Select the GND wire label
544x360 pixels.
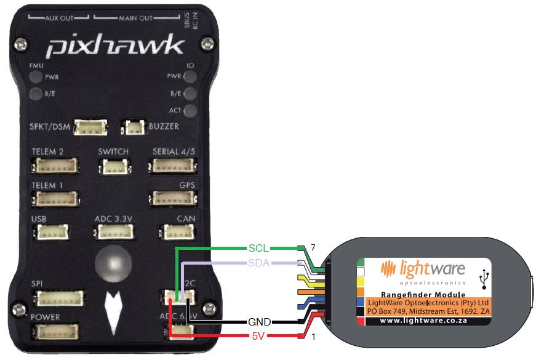tap(260, 321)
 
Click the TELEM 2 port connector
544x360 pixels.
tap(55, 166)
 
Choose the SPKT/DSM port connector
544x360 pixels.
tap(90, 127)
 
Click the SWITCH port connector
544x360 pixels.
tap(113, 166)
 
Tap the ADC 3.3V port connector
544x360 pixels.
tap(113, 232)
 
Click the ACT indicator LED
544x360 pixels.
tap(190, 111)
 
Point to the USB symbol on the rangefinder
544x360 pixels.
tap(486, 277)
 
